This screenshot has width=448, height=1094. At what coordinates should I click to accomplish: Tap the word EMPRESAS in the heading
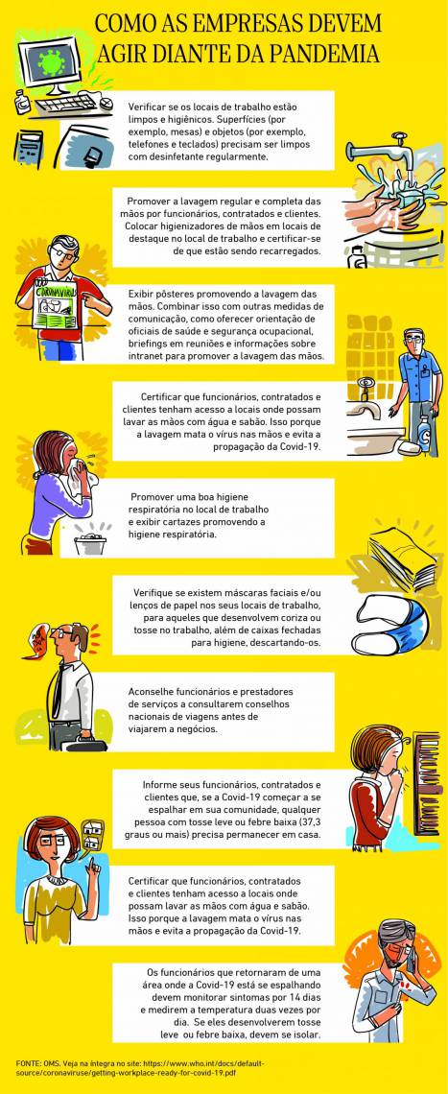tap(228, 23)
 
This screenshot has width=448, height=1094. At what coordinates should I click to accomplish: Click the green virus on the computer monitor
tap(52, 61)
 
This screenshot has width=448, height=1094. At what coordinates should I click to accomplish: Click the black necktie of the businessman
tap(58, 690)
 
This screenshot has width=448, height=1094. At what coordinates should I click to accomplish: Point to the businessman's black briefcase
tap(84, 744)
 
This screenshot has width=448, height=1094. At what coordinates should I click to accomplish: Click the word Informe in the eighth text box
tap(159, 783)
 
